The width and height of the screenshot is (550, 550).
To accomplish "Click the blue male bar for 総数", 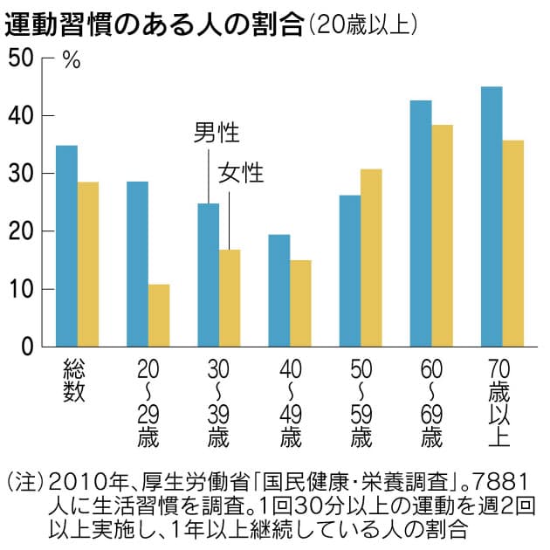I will [x=66, y=246].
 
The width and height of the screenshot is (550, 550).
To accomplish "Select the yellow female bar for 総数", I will [x=88, y=265].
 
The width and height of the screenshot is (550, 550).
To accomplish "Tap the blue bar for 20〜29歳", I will [x=137, y=265].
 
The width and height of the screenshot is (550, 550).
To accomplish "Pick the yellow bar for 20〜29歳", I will [x=159, y=315].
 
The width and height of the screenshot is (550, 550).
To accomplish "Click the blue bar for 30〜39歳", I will [x=208, y=275].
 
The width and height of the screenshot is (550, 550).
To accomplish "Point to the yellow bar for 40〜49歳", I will [x=300, y=303].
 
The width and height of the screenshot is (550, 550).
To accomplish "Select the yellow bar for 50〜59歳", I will [x=371, y=258].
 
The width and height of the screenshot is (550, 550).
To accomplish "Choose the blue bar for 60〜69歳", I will [x=421, y=223].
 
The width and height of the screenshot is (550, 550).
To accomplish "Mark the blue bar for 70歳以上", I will [x=492, y=217].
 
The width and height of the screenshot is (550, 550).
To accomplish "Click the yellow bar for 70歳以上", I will [x=513, y=244].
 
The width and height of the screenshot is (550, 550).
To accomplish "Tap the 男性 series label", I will [x=216, y=133].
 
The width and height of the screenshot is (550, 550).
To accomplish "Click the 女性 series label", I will [x=240, y=173].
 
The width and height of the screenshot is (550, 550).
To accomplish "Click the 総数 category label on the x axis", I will [x=73, y=381].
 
